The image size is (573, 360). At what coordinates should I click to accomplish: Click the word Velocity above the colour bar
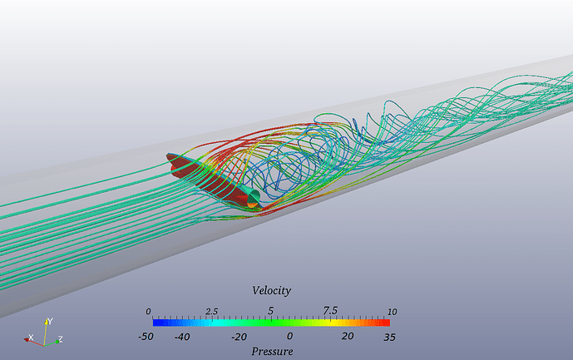click(271, 290)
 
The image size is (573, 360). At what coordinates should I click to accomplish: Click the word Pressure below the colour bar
click(272, 352)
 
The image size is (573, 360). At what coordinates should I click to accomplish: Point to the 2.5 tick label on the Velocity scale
click(212, 311)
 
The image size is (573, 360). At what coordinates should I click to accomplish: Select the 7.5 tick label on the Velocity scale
click(330, 310)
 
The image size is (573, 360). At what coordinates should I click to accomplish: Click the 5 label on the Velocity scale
click(270, 310)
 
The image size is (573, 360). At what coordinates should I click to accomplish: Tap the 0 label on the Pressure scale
click(289, 336)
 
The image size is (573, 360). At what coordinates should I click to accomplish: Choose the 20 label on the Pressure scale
click(347, 336)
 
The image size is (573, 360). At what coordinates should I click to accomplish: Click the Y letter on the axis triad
click(51, 320)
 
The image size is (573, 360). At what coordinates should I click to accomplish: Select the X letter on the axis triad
click(31, 338)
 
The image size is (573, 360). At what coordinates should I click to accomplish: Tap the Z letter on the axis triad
click(61, 339)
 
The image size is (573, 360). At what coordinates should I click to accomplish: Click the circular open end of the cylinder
click(251, 197)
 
